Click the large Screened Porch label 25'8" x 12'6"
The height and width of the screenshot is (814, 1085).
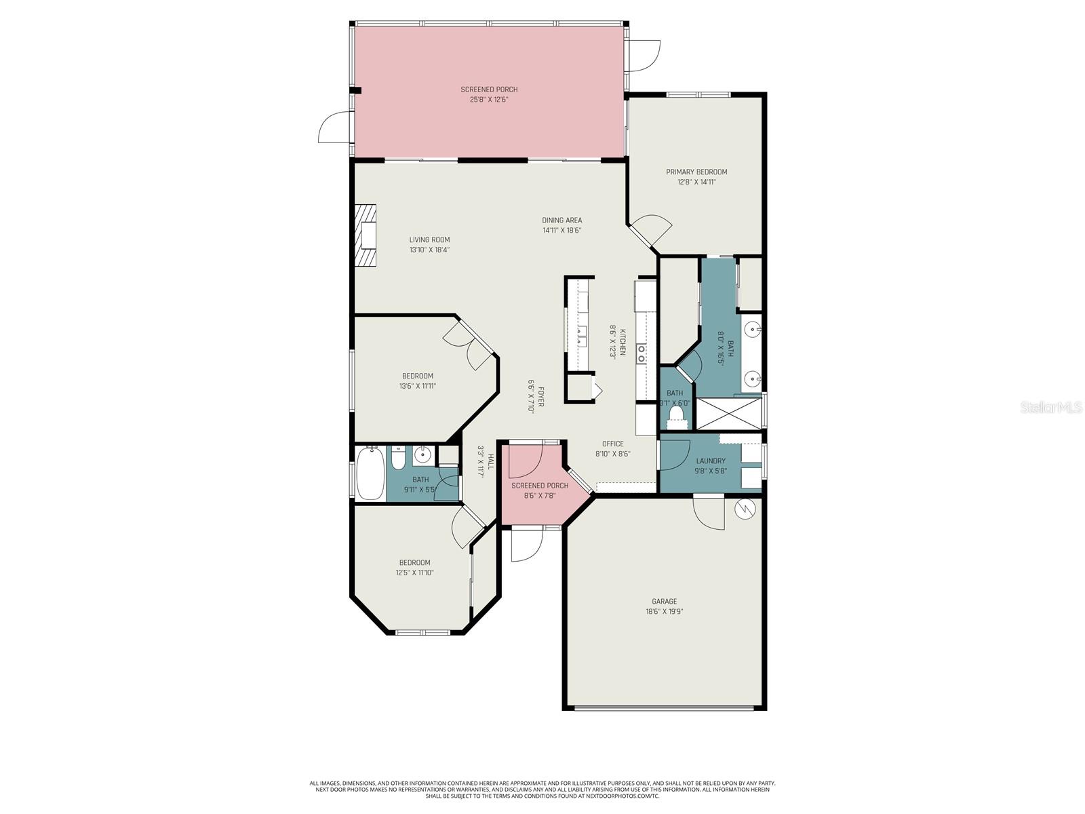489,94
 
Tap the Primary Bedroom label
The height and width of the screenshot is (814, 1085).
696,176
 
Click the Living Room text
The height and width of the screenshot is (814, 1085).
429,244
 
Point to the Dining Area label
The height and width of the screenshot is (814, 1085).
561,225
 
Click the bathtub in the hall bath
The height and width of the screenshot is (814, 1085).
369,473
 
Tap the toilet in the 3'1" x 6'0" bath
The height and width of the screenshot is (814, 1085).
676,414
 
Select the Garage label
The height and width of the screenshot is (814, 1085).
664,606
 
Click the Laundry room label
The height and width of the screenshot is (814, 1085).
710,465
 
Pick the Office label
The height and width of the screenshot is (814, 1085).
612,448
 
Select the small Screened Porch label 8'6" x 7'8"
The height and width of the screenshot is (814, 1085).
540,490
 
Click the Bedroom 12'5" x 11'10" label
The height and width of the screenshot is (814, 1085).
414,567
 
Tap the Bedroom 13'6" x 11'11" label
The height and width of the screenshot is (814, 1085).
417,381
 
